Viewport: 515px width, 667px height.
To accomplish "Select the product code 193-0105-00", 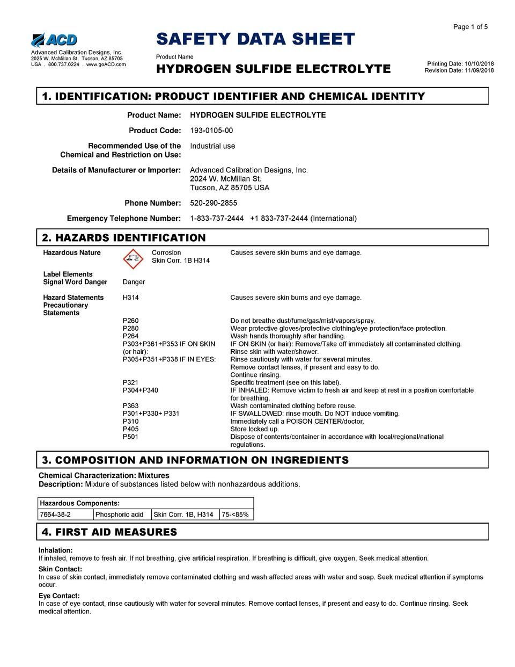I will (211, 130).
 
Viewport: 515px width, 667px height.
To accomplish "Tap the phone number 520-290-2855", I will (214, 203).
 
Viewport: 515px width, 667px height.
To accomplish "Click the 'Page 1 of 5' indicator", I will (470, 27).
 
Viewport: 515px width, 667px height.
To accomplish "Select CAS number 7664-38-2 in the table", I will (55, 514).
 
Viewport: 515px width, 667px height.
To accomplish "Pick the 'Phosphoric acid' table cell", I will (119, 514).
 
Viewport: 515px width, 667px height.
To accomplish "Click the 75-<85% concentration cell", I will (235, 514).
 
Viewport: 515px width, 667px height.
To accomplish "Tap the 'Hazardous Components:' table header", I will (79, 503).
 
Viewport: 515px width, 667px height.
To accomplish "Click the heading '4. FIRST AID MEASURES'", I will (109, 532).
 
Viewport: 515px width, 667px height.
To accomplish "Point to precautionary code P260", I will (130, 321).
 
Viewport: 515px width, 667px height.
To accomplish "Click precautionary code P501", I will (130, 437).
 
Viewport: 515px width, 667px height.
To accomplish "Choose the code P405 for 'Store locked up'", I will (130, 429).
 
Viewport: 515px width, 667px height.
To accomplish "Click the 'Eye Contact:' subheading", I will (59, 596).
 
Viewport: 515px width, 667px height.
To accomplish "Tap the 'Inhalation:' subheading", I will (55, 550).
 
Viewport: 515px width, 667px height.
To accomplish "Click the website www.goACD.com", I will (106, 64).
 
